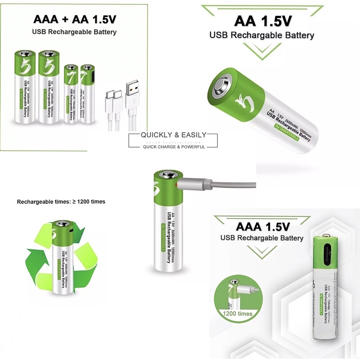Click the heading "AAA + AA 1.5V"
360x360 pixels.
[74, 20]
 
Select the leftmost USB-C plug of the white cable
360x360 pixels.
[109, 97]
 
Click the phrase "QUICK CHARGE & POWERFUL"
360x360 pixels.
[173, 147]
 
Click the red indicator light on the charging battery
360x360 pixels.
[175, 184]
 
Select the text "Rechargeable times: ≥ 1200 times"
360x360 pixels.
[61, 202]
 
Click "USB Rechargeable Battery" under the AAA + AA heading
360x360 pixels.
[74, 32]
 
